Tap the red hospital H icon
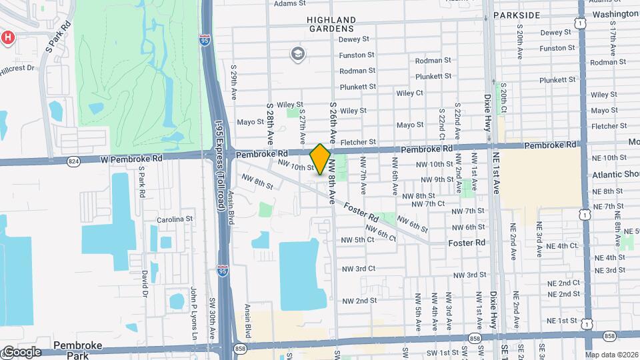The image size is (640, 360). (7, 37)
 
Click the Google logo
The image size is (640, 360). (21, 352)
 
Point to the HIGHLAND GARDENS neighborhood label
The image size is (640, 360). (331, 25)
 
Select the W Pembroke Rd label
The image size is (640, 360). (133, 159)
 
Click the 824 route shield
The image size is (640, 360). (73, 161)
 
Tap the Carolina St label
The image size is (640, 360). (175, 219)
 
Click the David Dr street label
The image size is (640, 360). (144, 283)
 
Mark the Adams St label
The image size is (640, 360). (289, 3)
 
